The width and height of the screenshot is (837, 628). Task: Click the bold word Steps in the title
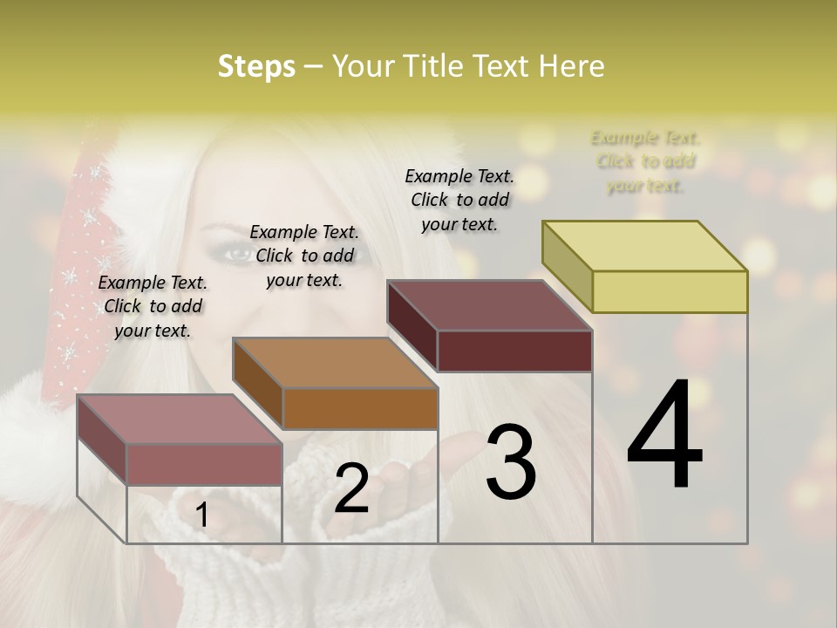pyautogui.click(x=256, y=67)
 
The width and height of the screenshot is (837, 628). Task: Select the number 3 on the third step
pyautogui.click(x=511, y=462)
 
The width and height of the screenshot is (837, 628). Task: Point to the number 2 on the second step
pyautogui.click(x=351, y=488)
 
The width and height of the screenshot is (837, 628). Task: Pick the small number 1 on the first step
pyautogui.click(x=201, y=515)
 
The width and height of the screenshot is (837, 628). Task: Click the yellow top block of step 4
pyautogui.click(x=645, y=266)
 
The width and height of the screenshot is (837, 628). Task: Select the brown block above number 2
pyautogui.click(x=336, y=384)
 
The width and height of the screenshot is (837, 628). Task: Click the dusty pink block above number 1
pyautogui.click(x=180, y=440)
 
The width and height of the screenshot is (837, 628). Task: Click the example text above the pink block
pyautogui.click(x=153, y=306)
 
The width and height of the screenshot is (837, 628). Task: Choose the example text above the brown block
pyautogui.click(x=304, y=256)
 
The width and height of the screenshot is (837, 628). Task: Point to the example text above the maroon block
pyautogui.click(x=459, y=200)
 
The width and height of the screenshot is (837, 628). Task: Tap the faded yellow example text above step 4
pyautogui.click(x=646, y=161)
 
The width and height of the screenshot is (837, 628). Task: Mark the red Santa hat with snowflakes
pyautogui.click(x=83, y=262)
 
